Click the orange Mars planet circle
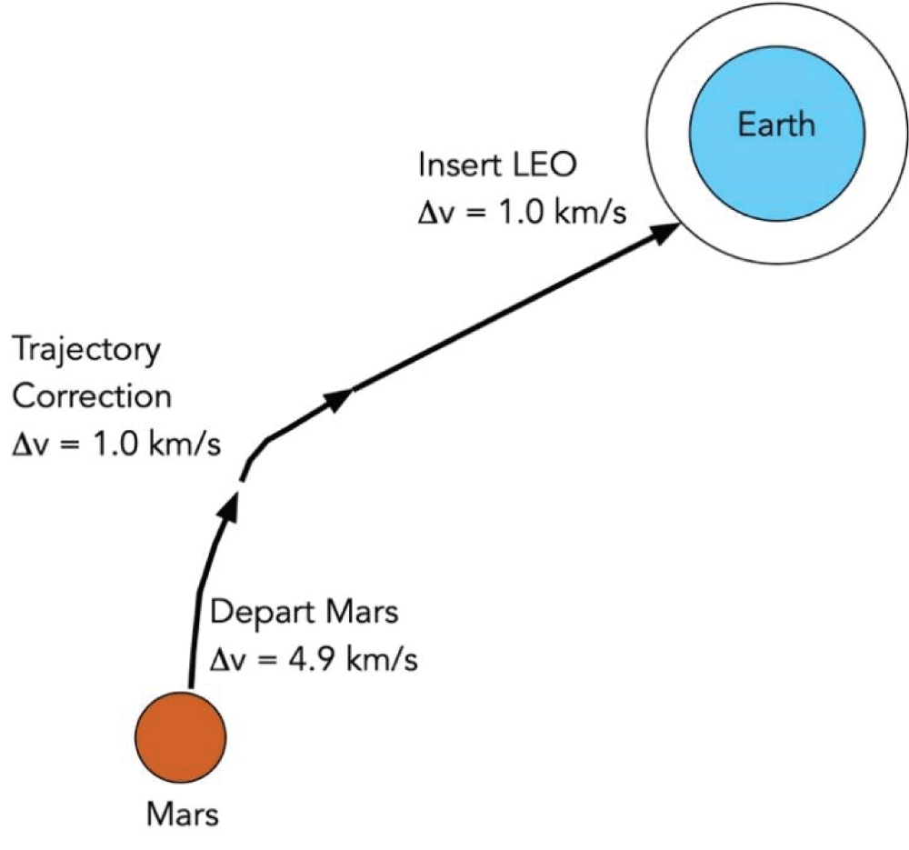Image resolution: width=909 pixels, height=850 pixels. click(x=180, y=734)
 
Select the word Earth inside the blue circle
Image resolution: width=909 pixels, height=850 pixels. click(x=775, y=124)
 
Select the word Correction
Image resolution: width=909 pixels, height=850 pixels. click(x=92, y=397)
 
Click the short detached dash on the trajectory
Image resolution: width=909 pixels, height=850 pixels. click(x=243, y=472)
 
